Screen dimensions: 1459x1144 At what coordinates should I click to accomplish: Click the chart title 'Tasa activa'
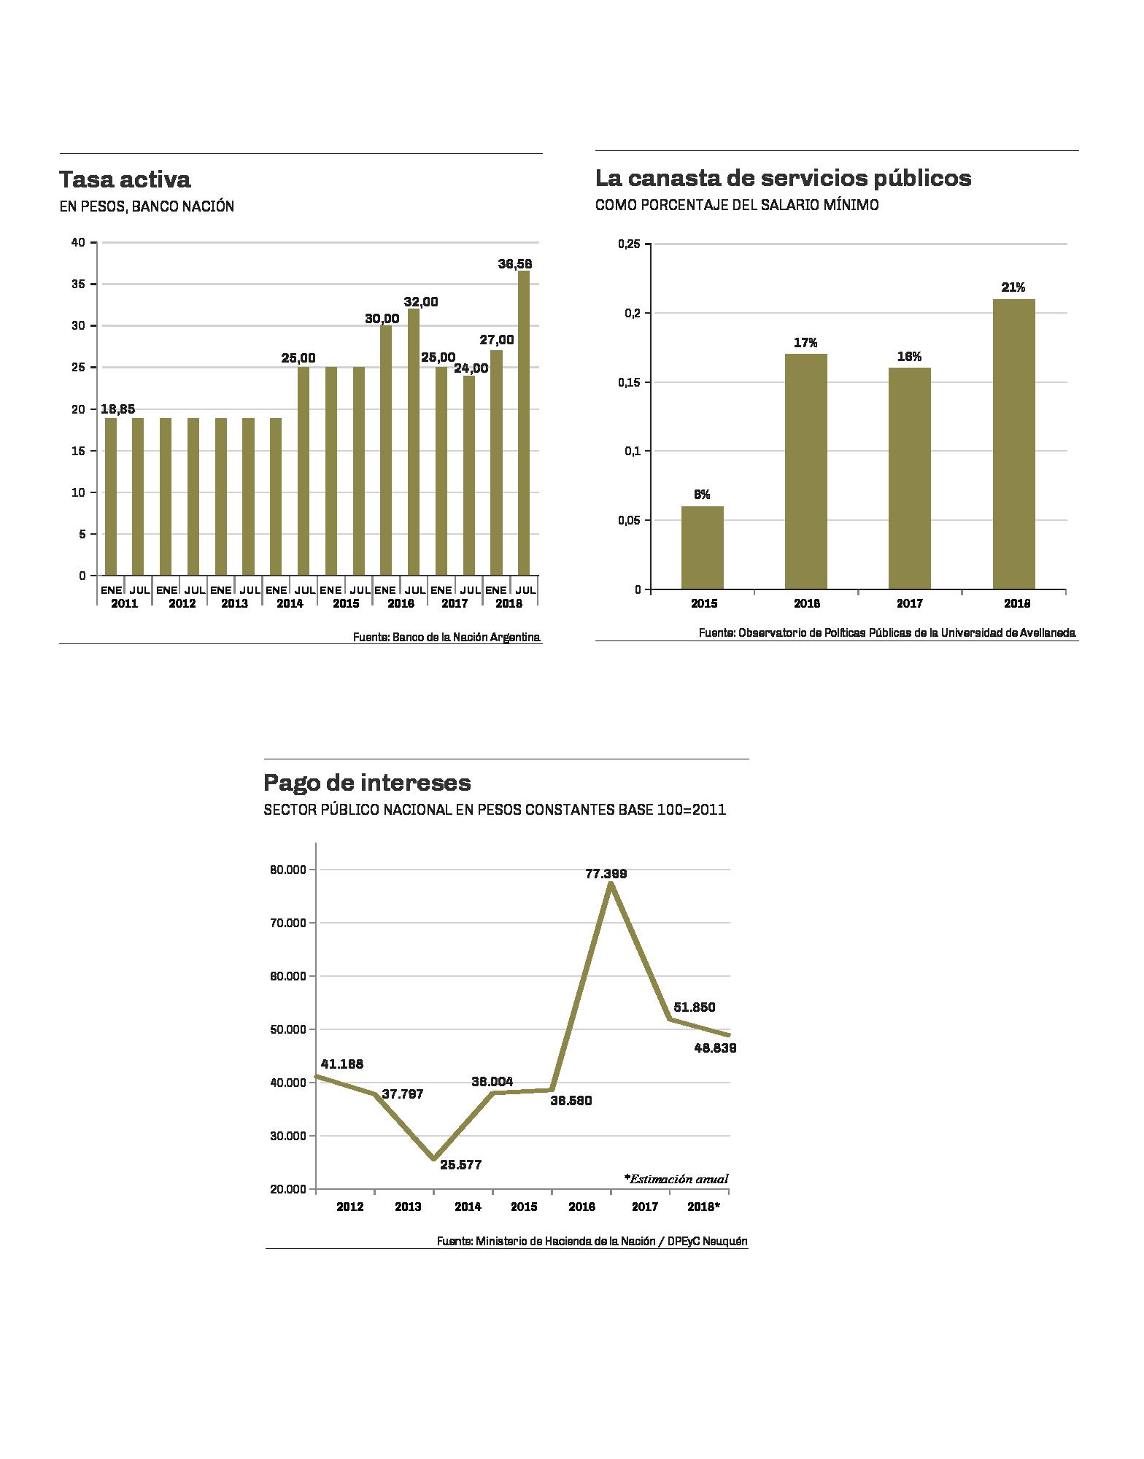click(125, 179)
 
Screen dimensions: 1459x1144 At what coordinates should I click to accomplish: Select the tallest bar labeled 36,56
click(524, 423)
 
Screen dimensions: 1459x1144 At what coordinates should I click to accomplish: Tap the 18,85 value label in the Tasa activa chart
click(118, 409)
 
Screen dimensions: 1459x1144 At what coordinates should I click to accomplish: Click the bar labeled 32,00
click(414, 441)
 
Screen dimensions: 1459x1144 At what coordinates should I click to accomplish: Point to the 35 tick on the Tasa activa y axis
click(79, 284)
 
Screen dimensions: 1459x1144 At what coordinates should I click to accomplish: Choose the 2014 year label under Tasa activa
click(290, 603)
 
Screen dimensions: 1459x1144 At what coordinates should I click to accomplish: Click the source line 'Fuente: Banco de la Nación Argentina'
click(447, 637)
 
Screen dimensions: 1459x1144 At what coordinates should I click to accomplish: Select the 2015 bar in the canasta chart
click(703, 547)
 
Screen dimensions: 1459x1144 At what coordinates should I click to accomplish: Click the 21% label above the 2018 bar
click(1013, 287)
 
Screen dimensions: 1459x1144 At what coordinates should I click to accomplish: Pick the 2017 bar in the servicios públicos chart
click(910, 478)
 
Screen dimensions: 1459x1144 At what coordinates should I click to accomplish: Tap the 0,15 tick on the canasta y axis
click(630, 382)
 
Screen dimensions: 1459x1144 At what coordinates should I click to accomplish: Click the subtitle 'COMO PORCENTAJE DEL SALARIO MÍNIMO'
click(737, 205)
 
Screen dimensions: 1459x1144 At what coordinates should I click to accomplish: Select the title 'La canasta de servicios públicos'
click(783, 178)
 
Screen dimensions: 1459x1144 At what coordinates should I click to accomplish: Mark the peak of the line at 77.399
click(611, 883)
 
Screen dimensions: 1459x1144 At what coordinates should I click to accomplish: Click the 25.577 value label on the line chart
click(460, 1165)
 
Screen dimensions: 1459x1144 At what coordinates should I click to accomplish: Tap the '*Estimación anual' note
click(676, 1179)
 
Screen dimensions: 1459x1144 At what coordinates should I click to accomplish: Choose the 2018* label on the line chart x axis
click(703, 1207)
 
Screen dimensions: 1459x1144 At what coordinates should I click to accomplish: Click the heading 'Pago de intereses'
click(367, 783)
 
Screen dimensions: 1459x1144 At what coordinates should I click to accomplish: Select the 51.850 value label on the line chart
click(694, 1007)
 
